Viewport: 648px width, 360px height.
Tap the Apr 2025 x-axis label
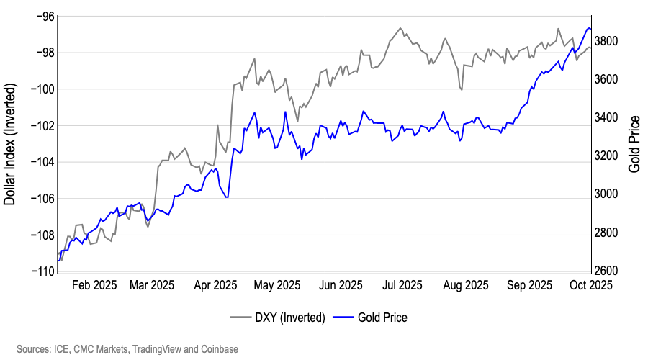215,285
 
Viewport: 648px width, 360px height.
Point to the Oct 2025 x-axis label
590,285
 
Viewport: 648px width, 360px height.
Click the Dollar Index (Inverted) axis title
10,143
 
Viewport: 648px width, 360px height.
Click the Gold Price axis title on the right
634,143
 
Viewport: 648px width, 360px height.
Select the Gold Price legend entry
382,317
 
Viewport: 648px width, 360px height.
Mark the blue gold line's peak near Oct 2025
589,28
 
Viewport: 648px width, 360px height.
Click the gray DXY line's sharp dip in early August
461,89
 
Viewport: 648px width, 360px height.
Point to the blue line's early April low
228,197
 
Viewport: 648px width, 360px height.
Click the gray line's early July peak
400,28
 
